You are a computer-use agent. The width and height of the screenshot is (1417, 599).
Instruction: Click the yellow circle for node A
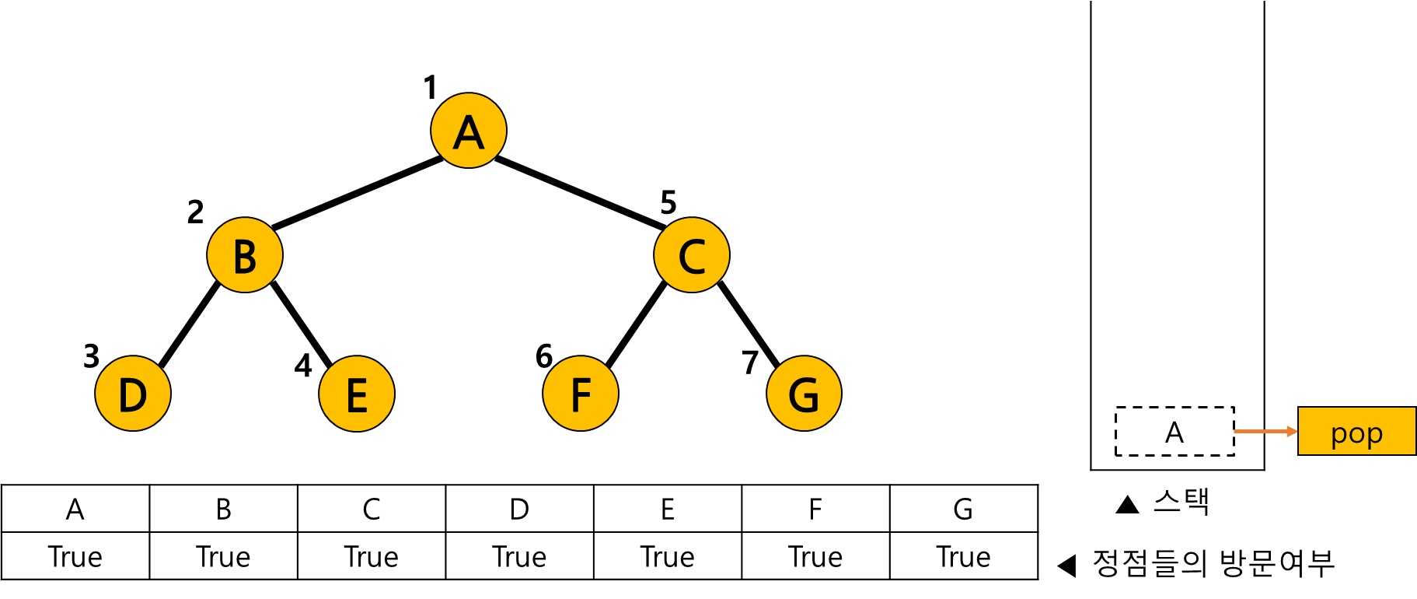pyautogui.click(x=469, y=130)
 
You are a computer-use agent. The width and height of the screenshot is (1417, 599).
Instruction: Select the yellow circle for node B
pyautogui.click(x=245, y=254)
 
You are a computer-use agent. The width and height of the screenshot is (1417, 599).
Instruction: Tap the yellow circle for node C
pyautogui.click(x=692, y=254)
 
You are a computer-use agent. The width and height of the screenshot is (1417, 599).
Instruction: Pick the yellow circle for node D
pyautogui.click(x=133, y=393)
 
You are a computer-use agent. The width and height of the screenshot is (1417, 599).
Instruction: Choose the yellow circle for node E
pyautogui.click(x=357, y=393)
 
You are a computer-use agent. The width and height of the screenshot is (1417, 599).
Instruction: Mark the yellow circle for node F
pyautogui.click(x=581, y=393)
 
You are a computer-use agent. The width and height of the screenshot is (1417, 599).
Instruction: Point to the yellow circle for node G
pyautogui.click(x=804, y=393)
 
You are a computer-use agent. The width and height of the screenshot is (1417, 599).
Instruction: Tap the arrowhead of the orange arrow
pyautogui.click(x=1292, y=431)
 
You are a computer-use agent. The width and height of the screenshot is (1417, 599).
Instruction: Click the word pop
pyautogui.click(x=1356, y=433)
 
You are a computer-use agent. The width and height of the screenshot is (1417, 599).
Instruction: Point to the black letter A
pyautogui.click(x=469, y=133)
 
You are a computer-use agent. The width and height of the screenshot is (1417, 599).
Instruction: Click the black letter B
pyautogui.click(x=245, y=257)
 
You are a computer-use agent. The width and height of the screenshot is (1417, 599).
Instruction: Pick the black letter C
pyautogui.click(x=692, y=257)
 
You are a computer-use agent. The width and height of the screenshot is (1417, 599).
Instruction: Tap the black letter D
pyautogui.click(x=133, y=395)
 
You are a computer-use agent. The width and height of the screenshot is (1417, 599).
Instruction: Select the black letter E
pyautogui.click(x=357, y=395)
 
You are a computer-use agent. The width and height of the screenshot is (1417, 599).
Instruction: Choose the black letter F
pyautogui.click(x=581, y=395)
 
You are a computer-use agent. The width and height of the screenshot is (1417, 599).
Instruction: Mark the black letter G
pyautogui.click(x=804, y=395)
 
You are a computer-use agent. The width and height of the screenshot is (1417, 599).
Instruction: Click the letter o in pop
pyautogui.click(x=1356, y=433)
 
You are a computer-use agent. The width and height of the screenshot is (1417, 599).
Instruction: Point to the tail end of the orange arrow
pyautogui.click(x=1236, y=431)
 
